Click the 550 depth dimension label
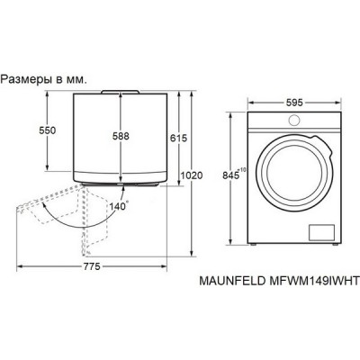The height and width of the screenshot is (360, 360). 35,131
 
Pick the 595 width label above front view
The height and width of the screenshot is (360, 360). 292,102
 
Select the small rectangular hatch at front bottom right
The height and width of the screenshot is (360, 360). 322,233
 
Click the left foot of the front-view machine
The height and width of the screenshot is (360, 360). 256,244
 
